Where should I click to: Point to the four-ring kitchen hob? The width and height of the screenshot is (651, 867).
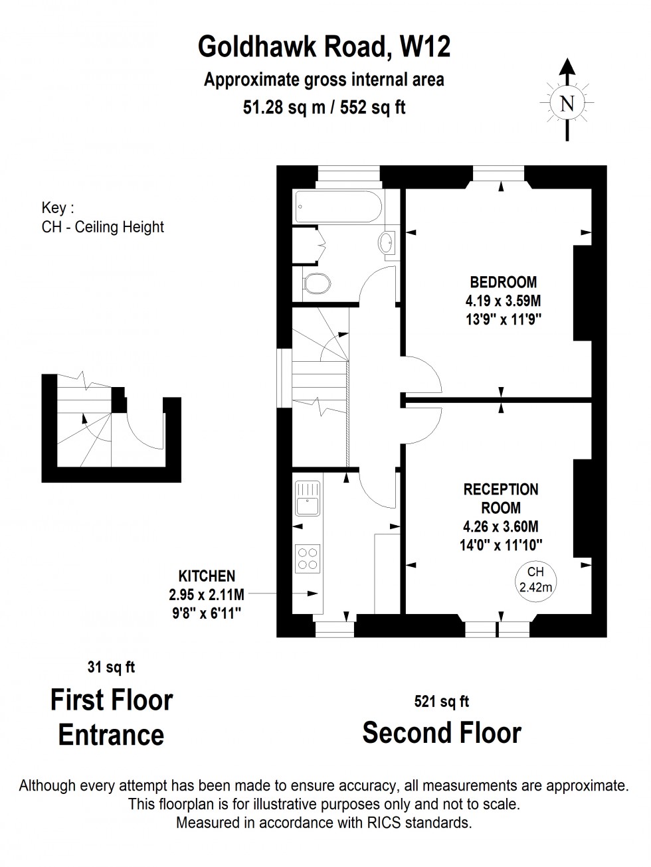(x=308, y=556)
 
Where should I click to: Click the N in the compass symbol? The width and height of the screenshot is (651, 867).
(x=567, y=104)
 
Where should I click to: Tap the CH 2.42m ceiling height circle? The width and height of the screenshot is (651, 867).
(x=535, y=579)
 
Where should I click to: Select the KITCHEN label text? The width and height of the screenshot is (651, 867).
(x=207, y=576)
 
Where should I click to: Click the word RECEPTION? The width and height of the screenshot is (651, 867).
(x=501, y=489)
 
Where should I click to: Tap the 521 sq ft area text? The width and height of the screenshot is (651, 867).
(x=442, y=701)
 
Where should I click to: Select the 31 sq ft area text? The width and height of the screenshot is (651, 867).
(x=111, y=667)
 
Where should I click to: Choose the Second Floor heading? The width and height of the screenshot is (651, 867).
(x=442, y=733)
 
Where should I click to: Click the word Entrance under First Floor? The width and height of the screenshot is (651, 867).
(x=111, y=735)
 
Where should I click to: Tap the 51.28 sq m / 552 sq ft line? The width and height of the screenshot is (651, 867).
(x=324, y=107)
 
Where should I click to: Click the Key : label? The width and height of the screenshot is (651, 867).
(x=54, y=208)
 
